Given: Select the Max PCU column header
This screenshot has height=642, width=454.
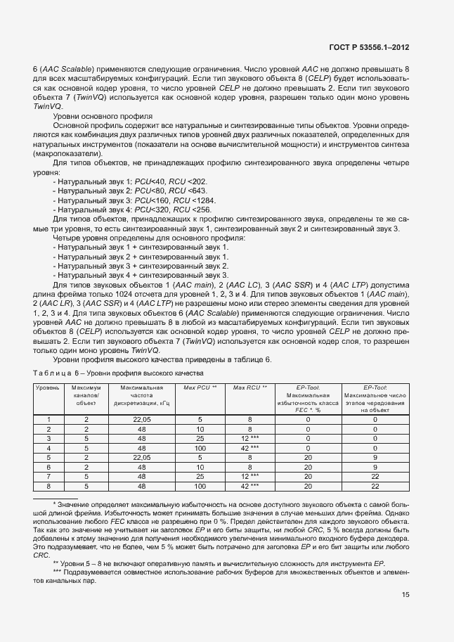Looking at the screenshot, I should (x=200, y=387).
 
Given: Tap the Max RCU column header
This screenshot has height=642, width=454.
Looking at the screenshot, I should (x=249, y=387).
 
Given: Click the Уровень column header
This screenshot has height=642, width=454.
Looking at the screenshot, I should (x=48, y=387).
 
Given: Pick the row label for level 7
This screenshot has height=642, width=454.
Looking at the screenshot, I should (x=48, y=477).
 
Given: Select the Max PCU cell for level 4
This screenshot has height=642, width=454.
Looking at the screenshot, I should (x=200, y=448).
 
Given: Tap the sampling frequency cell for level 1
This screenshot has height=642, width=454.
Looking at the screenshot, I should (x=142, y=419).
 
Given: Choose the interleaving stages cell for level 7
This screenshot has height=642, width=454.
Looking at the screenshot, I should (x=375, y=477).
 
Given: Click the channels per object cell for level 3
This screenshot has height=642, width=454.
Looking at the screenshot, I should (x=86, y=438).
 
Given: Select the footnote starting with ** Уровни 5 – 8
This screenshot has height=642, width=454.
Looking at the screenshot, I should (x=218, y=564).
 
